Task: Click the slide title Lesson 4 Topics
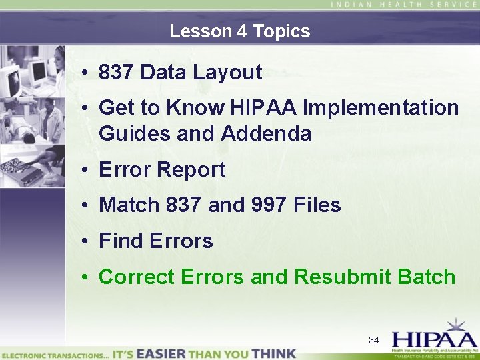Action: click(x=239, y=31)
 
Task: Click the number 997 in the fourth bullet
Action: click(x=271, y=205)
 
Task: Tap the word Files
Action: click(x=317, y=205)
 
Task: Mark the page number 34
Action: click(x=374, y=341)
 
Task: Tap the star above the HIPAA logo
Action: click(x=456, y=325)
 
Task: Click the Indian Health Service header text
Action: click(x=404, y=5)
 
